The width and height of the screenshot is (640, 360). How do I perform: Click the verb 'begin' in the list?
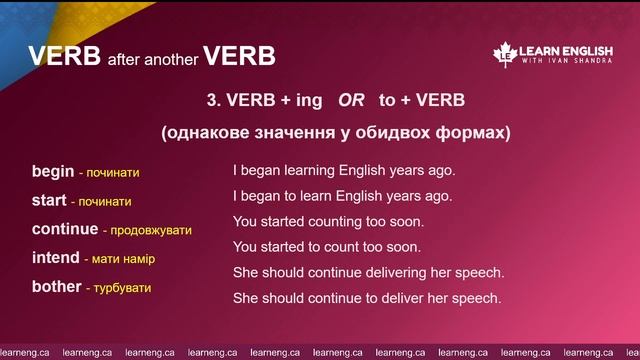click(x=52, y=172)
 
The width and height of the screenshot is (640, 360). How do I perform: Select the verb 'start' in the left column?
click(x=49, y=201)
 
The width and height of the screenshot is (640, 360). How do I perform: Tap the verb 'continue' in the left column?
click(x=65, y=229)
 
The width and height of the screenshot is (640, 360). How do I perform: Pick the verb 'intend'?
click(x=55, y=258)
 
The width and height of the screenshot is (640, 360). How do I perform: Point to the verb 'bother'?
click(x=56, y=287)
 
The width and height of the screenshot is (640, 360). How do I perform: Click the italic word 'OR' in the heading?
click(x=350, y=101)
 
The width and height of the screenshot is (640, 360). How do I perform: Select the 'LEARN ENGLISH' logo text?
click(x=567, y=50)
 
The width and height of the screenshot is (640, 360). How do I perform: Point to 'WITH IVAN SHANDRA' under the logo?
click(x=567, y=64)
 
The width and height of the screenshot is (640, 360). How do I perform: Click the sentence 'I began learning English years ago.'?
click(x=343, y=171)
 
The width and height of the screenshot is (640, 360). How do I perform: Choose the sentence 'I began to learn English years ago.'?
click(x=342, y=196)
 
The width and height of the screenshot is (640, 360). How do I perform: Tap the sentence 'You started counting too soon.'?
click(x=328, y=221)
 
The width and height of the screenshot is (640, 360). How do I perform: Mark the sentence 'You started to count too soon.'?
click(x=327, y=247)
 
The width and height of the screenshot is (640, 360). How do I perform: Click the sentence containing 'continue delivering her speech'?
click(x=368, y=272)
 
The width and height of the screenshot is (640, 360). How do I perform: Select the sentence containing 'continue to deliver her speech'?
click(x=366, y=298)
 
